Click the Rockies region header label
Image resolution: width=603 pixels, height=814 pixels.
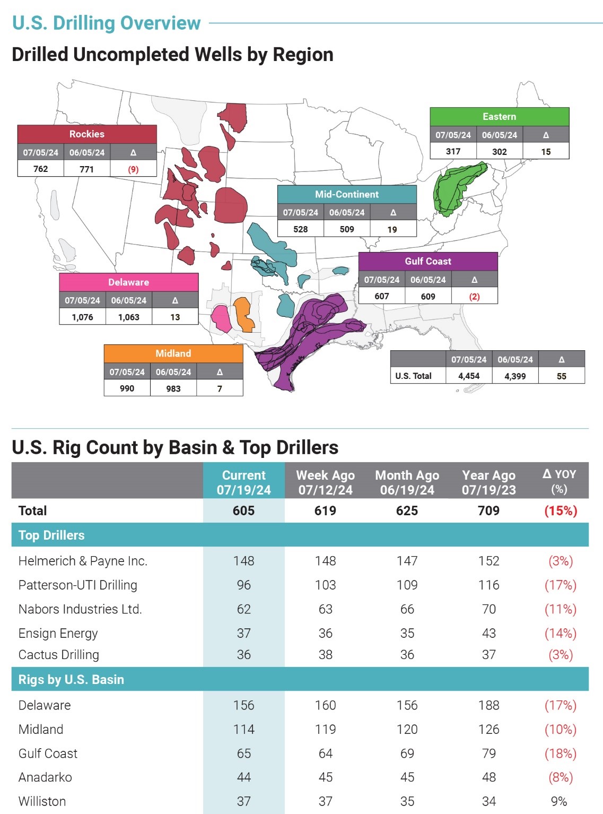tap(87, 134)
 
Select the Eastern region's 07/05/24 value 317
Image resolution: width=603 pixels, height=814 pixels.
tap(453, 152)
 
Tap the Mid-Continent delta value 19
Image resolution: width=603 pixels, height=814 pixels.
tap(392, 229)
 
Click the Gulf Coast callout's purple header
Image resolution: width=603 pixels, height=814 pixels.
tap(427, 261)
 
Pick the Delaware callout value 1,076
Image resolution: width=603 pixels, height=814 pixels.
tap(82, 317)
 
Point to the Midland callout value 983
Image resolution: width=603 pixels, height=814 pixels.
tap(173, 388)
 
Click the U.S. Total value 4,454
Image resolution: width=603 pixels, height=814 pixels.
tap(469, 376)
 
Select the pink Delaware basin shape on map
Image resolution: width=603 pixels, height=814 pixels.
tap(221, 318)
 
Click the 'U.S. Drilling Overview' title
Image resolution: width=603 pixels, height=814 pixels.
tap(106, 23)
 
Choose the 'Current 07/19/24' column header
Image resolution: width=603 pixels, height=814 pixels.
tap(243, 482)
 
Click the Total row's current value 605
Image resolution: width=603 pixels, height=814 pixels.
tap(243, 510)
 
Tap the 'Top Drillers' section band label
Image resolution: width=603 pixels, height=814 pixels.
tap(51, 535)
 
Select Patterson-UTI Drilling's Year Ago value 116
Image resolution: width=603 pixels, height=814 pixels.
tap(488, 585)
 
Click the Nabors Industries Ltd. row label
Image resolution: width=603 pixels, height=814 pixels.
tap(80, 609)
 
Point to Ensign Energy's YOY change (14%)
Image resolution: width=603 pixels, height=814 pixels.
tap(560, 633)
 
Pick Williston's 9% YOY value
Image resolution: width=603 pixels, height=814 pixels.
tap(559, 801)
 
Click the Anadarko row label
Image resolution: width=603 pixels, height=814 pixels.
tap(45, 777)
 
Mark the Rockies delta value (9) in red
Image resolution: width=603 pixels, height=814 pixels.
tap(133, 169)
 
